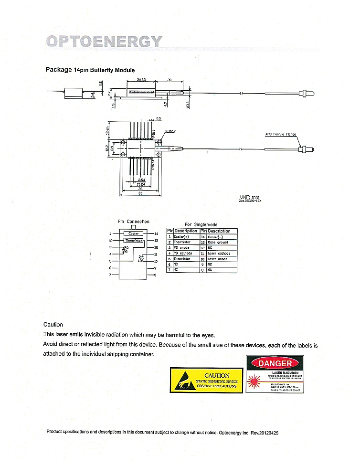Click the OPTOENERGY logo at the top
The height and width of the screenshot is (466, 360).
pos(104,41)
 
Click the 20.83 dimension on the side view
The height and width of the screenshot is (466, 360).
pos(141,79)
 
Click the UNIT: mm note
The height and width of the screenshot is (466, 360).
pos(250,197)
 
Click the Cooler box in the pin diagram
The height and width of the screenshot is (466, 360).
pos(134,233)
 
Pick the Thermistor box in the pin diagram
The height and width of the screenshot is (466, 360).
pos(134,241)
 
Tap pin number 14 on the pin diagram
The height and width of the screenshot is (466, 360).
pos(156,233)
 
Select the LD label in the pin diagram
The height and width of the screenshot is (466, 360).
pos(140,261)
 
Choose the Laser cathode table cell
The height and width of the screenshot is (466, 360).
pos(219,254)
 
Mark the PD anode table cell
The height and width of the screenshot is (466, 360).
pos(181,248)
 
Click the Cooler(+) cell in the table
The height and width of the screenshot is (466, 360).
pos(182,237)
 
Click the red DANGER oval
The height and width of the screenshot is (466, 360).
pos(275,363)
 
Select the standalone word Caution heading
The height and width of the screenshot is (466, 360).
pos(53,325)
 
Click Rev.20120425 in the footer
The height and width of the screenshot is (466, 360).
pos(264,433)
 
